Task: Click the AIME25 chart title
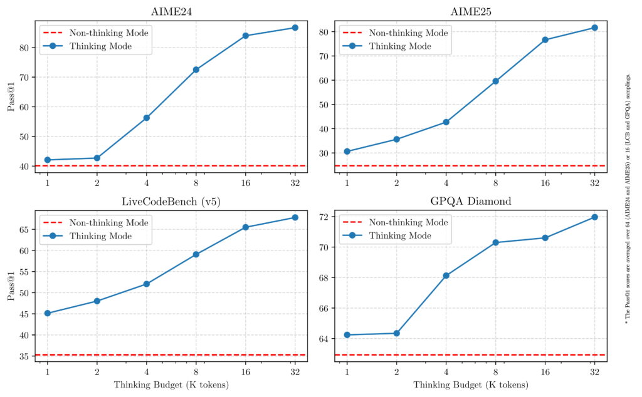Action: coord(470,13)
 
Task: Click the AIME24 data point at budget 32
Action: coord(295,28)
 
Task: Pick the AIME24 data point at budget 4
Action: coord(146,118)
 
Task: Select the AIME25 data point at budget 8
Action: coord(495,81)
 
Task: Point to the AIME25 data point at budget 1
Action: coord(347,152)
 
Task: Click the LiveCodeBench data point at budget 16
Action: coord(245,227)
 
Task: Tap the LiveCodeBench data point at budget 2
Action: coord(97,301)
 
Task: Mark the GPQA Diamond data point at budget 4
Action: coord(446,276)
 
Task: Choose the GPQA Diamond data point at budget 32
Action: coord(594,217)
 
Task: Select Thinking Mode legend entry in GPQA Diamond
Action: coord(400,235)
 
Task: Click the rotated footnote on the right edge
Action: coord(628,198)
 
